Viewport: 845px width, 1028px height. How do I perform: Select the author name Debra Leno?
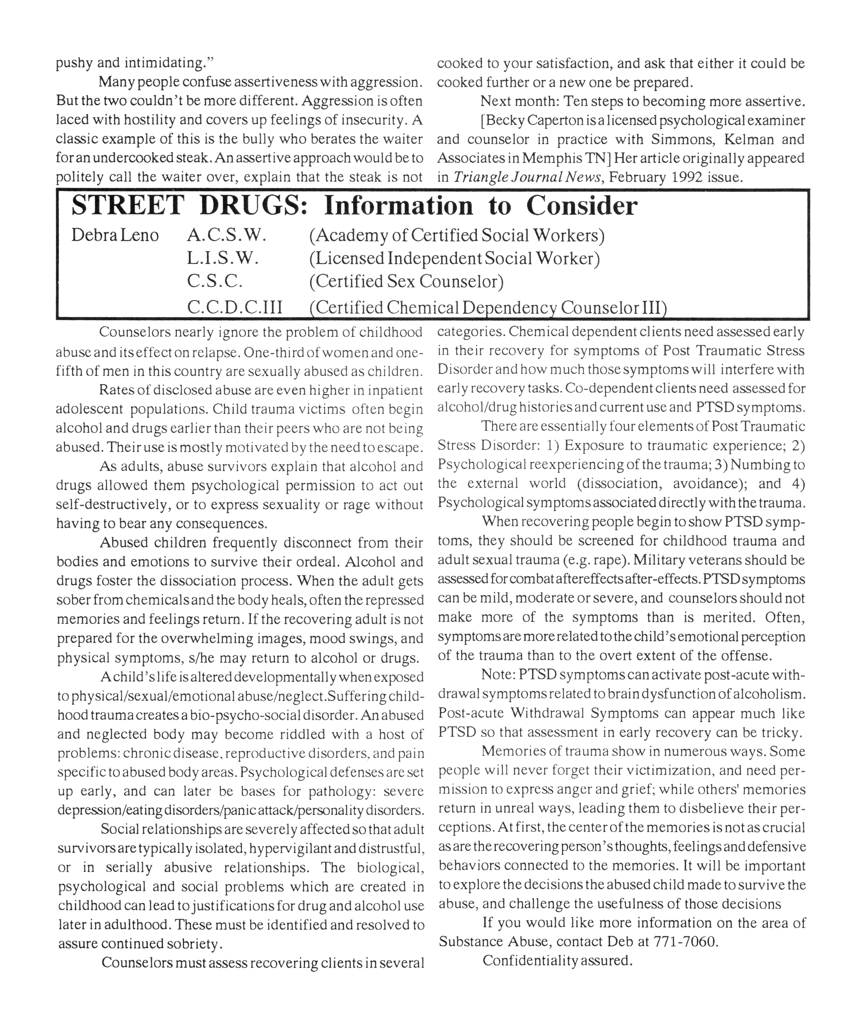pyautogui.click(x=115, y=236)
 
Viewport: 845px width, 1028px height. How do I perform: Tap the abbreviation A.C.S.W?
pyautogui.click(x=227, y=236)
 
